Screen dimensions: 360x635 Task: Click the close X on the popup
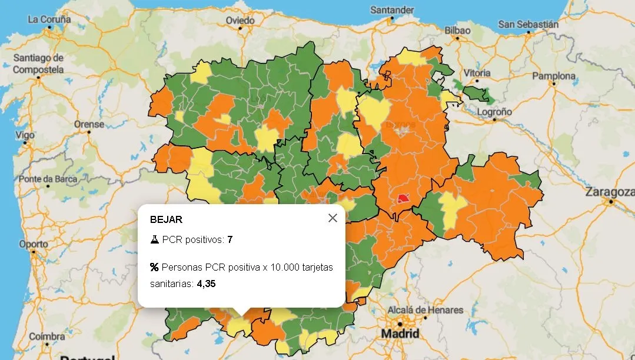pyautogui.click(x=333, y=218)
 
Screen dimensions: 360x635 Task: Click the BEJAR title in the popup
pyautogui.click(x=166, y=219)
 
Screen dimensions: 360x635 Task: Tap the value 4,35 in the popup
pyautogui.click(x=206, y=284)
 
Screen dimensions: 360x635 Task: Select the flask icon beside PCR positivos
pyautogui.click(x=155, y=239)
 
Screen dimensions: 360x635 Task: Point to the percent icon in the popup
pyautogui.click(x=154, y=267)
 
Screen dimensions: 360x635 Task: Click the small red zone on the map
pyautogui.click(x=403, y=198)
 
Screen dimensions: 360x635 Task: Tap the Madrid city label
pyautogui.click(x=400, y=334)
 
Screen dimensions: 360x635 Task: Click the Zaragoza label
pyautogui.click(x=610, y=192)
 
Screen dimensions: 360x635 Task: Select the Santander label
pyautogui.click(x=391, y=10)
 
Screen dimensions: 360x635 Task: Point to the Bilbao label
pyautogui.click(x=457, y=30)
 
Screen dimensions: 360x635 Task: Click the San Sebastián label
pyautogui.click(x=528, y=24)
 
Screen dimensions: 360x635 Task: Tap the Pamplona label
pyautogui.click(x=554, y=76)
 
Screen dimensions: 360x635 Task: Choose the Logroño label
pyautogui.click(x=494, y=111)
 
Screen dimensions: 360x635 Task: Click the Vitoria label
pyautogui.click(x=477, y=73)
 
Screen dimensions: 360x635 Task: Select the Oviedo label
pyautogui.click(x=240, y=21)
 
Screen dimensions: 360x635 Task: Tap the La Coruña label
pyautogui.click(x=49, y=19)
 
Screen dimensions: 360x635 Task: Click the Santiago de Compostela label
pyautogui.click(x=38, y=64)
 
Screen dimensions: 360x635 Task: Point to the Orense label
pyautogui.click(x=89, y=124)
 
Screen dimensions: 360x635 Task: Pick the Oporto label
pyautogui.click(x=34, y=244)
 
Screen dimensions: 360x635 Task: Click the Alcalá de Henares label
pyautogui.click(x=425, y=310)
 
